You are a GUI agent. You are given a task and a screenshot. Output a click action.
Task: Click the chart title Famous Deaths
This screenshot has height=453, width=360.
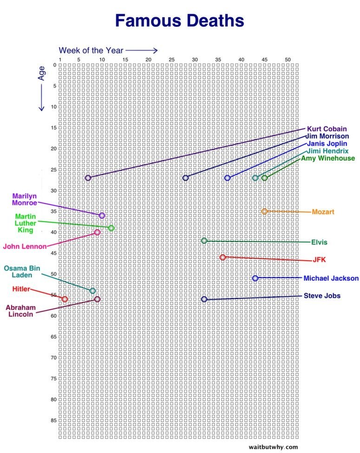coord(179,21)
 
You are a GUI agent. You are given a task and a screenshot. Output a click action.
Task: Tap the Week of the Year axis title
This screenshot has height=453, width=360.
coord(91,50)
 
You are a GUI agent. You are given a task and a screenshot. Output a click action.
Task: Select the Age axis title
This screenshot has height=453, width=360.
coord(42,72)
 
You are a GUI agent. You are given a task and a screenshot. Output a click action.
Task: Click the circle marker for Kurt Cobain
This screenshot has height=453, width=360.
coord(88,178)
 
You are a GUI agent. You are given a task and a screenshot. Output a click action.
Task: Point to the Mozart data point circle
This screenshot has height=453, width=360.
coord(264,211)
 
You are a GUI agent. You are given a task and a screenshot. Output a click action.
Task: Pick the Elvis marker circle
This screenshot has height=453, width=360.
coord(204,241)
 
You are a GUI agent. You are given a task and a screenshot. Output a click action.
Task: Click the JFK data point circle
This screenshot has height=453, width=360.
coord(223,257)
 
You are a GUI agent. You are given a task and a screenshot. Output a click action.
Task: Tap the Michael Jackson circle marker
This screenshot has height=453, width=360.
coord(255,278)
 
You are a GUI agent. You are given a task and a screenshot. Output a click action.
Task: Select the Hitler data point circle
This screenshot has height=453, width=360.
coord(65,299)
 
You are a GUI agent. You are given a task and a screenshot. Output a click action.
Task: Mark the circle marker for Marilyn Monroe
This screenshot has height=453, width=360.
coord(102,216)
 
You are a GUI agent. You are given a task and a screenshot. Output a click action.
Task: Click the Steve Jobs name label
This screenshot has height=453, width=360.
coord(322,295)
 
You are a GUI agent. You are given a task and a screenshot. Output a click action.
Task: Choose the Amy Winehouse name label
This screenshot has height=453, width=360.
coord(328,158)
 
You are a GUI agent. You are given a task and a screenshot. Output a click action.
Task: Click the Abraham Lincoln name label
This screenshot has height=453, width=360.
coord(20,310)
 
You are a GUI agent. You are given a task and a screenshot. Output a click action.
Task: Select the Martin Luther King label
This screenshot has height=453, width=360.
coord(25,223)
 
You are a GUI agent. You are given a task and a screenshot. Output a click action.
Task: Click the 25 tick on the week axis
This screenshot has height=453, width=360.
coord(171,59)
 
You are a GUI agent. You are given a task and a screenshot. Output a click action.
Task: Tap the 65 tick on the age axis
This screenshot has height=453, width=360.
coord(54,337)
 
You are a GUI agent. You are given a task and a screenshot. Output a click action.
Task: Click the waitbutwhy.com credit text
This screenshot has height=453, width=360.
coord(273,447)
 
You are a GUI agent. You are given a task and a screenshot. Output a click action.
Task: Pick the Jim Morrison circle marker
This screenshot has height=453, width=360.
coord(185,178)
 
